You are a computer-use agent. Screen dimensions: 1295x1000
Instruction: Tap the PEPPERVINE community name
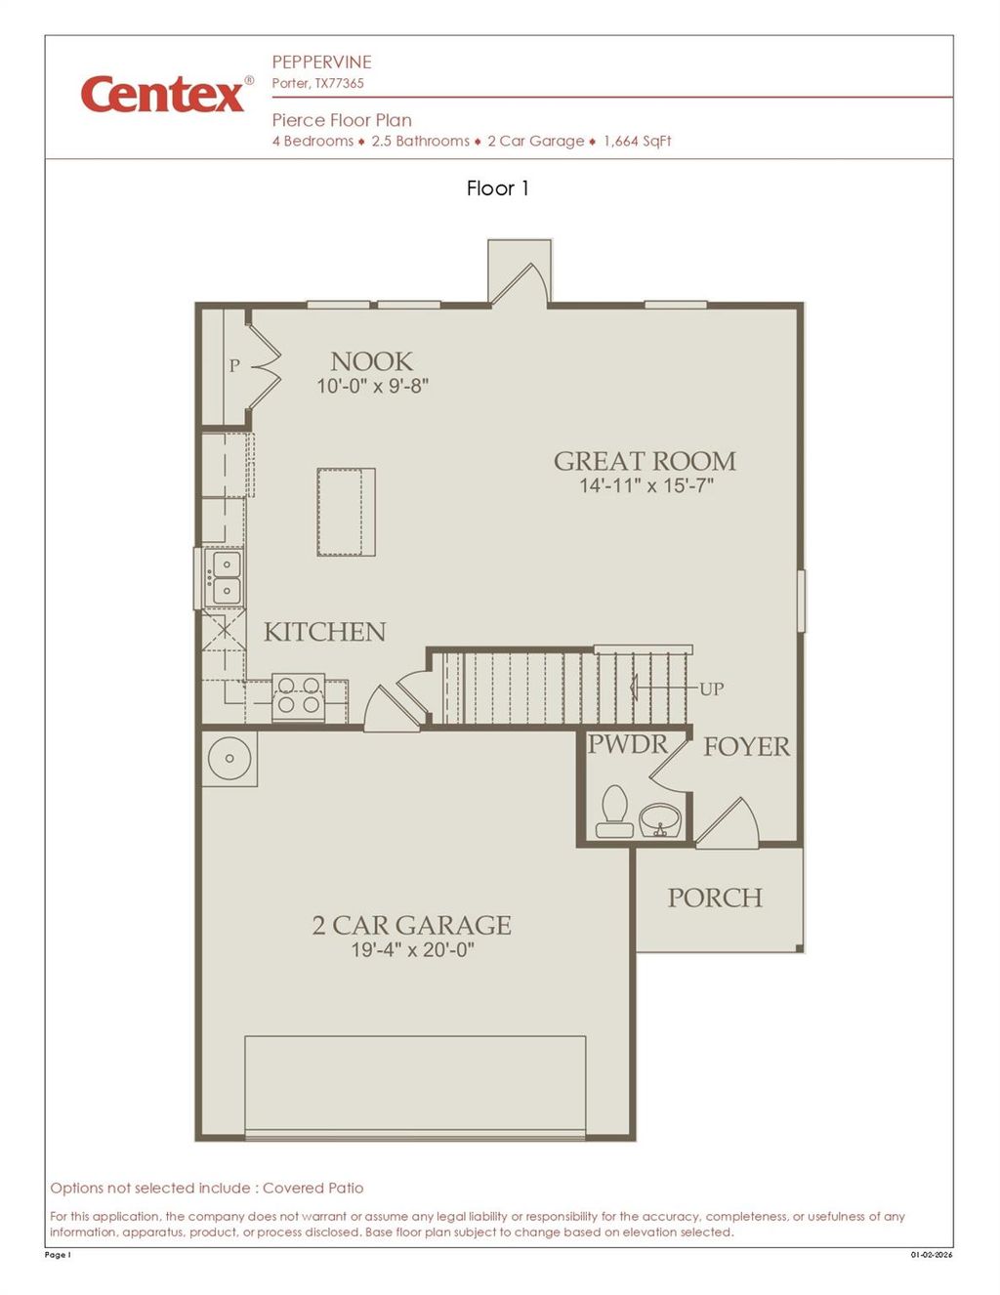coord(321,62)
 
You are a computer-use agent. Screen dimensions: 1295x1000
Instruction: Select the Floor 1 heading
coord(498,188)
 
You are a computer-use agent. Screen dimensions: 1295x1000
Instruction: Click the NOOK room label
coord(371,361)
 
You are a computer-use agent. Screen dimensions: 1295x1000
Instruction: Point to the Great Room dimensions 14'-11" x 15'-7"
coord(646,485)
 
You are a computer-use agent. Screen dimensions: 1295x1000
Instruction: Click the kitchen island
coord(346,513)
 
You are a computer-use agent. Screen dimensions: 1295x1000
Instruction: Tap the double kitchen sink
coord(225,578)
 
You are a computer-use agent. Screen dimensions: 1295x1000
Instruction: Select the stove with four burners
coord(299,694)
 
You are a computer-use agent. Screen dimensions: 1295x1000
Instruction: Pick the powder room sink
coord(662,818)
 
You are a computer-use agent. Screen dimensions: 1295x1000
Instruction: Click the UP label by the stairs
coord(711,689)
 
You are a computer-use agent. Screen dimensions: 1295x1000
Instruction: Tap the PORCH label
coord(715,898)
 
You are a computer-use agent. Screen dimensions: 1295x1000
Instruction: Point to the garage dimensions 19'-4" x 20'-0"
coord(412,949)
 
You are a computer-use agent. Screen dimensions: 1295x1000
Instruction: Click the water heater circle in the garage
coord(230,758)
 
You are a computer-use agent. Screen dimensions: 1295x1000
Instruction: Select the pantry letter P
coord(234,366)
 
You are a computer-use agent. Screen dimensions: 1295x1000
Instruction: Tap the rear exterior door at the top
coord(520,282)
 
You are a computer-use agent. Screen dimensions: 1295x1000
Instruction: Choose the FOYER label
coord(746,747)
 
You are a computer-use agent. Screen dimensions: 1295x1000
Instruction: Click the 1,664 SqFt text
coord(637,141)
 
